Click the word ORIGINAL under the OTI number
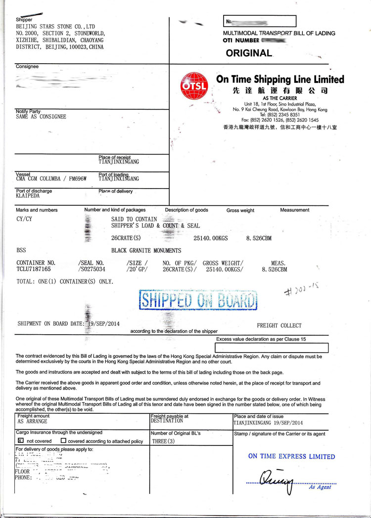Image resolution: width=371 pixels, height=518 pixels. [249, 53]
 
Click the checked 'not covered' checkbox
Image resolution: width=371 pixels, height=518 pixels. [20, 440]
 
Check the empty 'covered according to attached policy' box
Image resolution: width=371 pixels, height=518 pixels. [63, 440]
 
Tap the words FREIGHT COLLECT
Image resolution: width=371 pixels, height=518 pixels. [279, 326]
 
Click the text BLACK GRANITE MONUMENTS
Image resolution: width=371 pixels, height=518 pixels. [146, 250]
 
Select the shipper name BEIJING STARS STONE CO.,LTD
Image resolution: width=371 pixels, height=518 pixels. [55, 26]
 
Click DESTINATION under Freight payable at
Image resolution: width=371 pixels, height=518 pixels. [167, 421]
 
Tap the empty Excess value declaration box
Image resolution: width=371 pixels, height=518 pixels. [272, 348]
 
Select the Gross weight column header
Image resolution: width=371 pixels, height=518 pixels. [240, 210]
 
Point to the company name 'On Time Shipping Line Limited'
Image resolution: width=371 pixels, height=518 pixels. [280, 80]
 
